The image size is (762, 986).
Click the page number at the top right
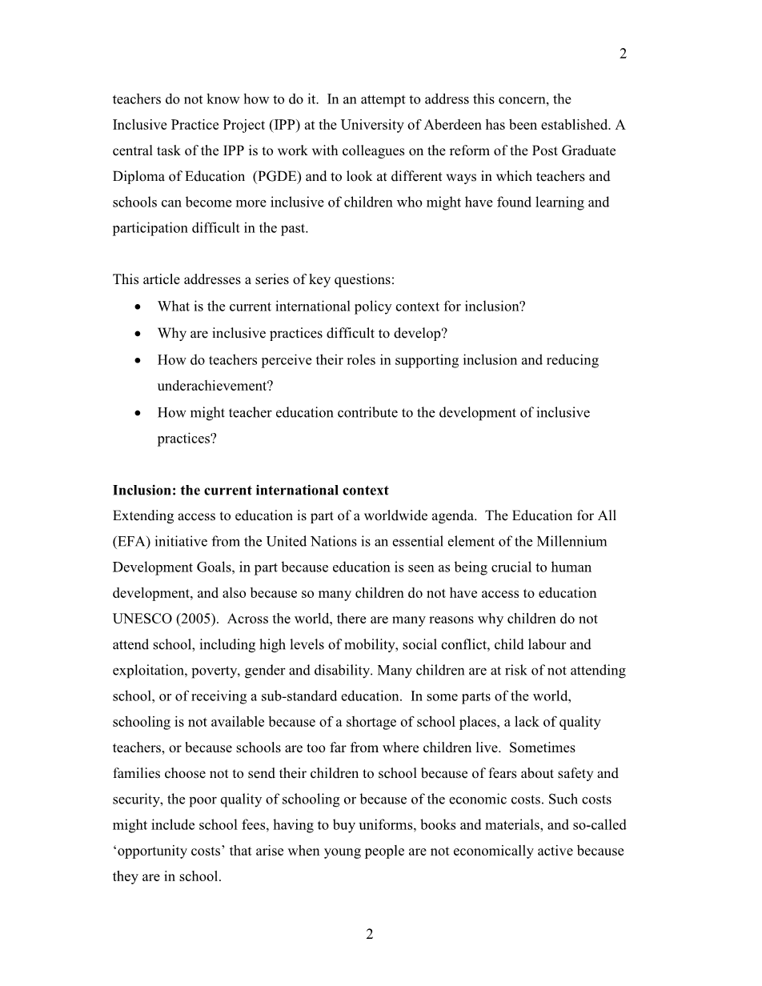click(x=623, y=54)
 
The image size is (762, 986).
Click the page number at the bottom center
click(x=370, y=934)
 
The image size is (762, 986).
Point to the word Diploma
click(x=138, y=176)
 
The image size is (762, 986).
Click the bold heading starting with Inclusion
click(x=251, y=490)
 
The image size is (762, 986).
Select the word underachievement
click(x=215, y=386)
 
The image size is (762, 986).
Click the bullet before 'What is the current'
click(x=140, y=307)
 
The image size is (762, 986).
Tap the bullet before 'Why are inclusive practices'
click(x=140, y=334)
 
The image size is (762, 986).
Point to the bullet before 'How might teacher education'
click(x=140, y=414)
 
